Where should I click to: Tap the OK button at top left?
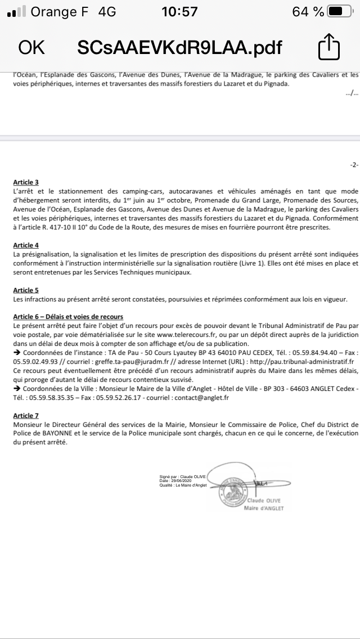coord(31,47)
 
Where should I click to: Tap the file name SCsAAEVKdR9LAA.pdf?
coord(179,47)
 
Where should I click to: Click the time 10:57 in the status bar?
coord(179,12)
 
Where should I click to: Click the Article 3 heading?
coord(26,182)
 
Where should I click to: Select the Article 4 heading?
coord(26,245)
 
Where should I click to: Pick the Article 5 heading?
coord(26,290)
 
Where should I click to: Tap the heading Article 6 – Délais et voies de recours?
coord(68,317)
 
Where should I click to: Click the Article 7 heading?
coord(26,415)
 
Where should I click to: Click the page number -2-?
coord(353,165)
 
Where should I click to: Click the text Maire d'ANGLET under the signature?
coord(264,508)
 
